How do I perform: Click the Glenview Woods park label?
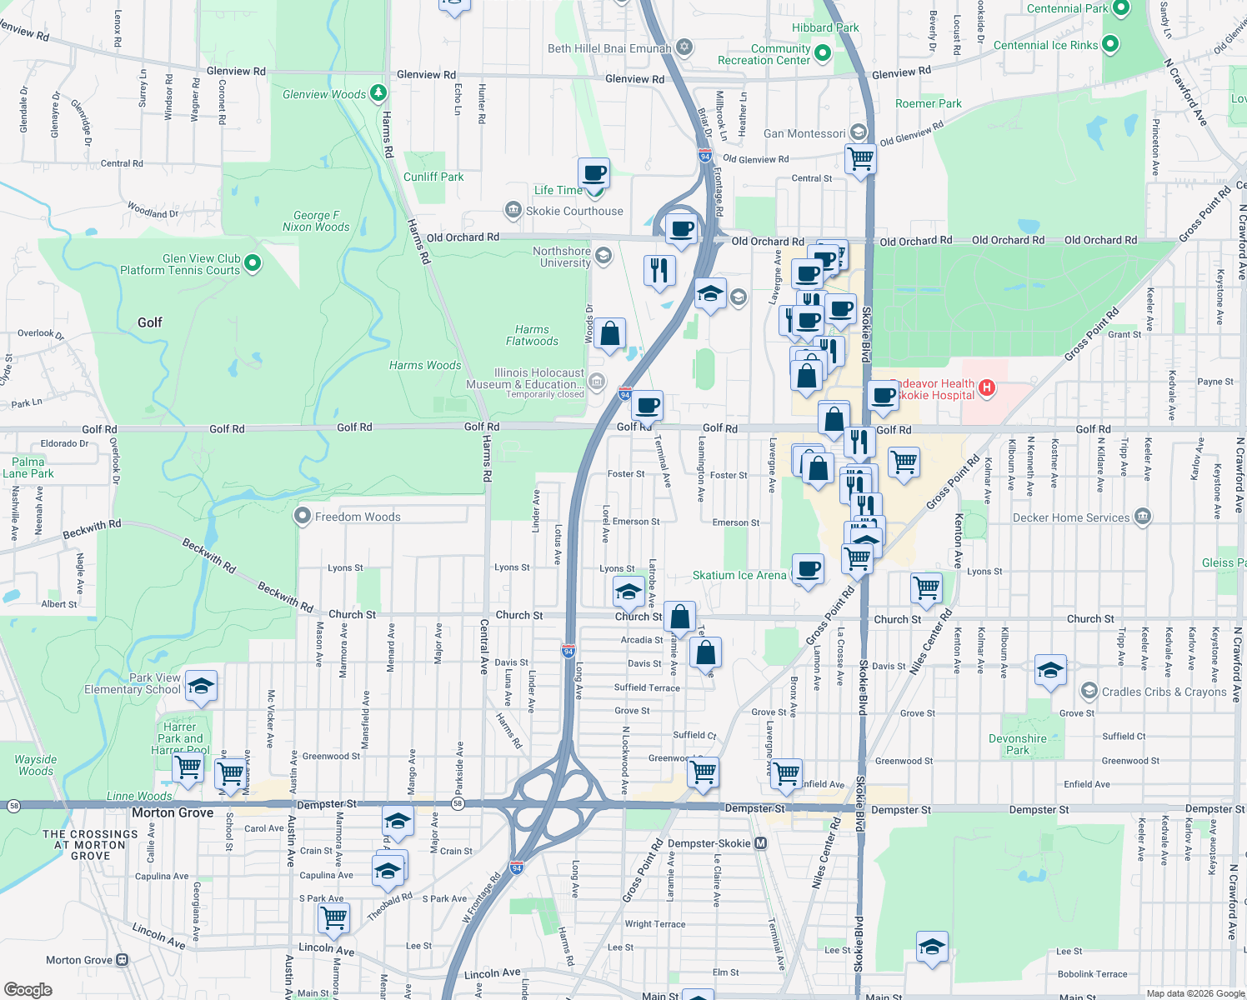pyautogui.click(x=324, y=94)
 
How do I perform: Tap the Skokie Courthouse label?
pyautogui.click(x=574, y=211)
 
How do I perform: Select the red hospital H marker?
pyautogui.click(x=987, y=387)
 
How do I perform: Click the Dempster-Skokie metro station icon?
pyautogui.click(x=760, y=843)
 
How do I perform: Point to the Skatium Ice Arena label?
pyautogui.click(x=739, y=575)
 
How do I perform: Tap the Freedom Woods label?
pyautogui.click(x=358, y=517)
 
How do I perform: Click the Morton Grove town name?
pyautogui.click(x=173, y=812)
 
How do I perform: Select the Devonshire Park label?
pyautogui.click(x=1018, y=744)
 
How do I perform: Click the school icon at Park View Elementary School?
pyautogui.click(x=201, y=687)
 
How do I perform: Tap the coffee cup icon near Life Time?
pyautogui.click(x=593, y=174)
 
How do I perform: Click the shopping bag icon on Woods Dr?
pyautogui.click(x=610, y=334)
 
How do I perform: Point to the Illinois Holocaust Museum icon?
pyautogui.click(x=596, y=382)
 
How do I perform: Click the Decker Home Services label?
pyautogui.click(x=1071, y=517)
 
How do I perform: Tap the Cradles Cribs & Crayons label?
pyautogui.click(x=1164, y=692)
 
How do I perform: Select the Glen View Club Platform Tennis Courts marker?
pyautogui.click(x=253, y=263)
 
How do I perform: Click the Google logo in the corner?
pyautogui.click(x=28, y=989)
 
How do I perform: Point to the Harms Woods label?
pyautogui.click(x=425, y=365)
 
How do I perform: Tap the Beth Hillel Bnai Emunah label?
pyautogui.click(x=609, y=48)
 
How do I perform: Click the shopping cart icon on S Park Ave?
pyautogui.click(x=333, y=917)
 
